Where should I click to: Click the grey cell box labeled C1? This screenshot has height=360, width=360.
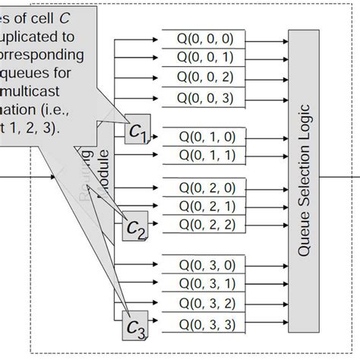[x=137, y=134]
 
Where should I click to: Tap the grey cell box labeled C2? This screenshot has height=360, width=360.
[x=136, y=229]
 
